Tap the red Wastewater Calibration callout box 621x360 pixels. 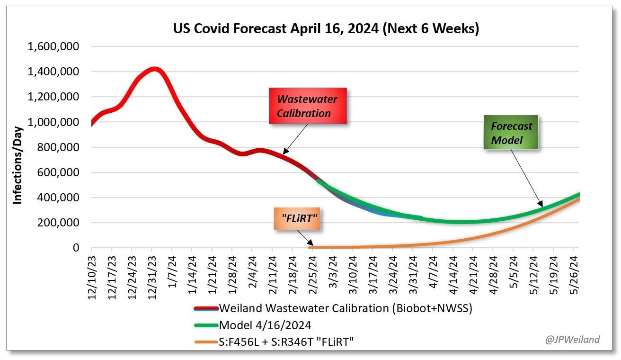[x=307, y=106]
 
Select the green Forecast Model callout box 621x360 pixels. [x=511, y=133]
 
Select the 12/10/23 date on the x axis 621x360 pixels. [x=92, y=275]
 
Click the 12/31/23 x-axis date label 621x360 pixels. [x=152, y=275]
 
